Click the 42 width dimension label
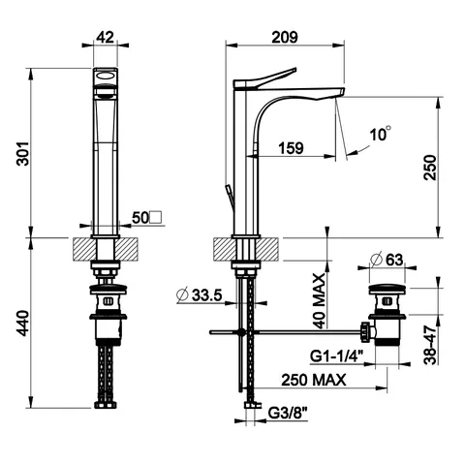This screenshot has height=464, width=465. (x=106, y=38)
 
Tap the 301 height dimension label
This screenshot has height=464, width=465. (x=23, y=153)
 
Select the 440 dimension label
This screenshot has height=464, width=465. (x=23, y=324)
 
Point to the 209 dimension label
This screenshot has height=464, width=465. (x=285, y=38)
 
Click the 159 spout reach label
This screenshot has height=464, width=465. (x=292, y=148)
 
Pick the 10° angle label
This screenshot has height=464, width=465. (x=381, y=134)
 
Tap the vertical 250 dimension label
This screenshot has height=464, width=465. (x=430, y=168)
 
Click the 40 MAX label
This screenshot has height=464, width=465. (x=319, y=301)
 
